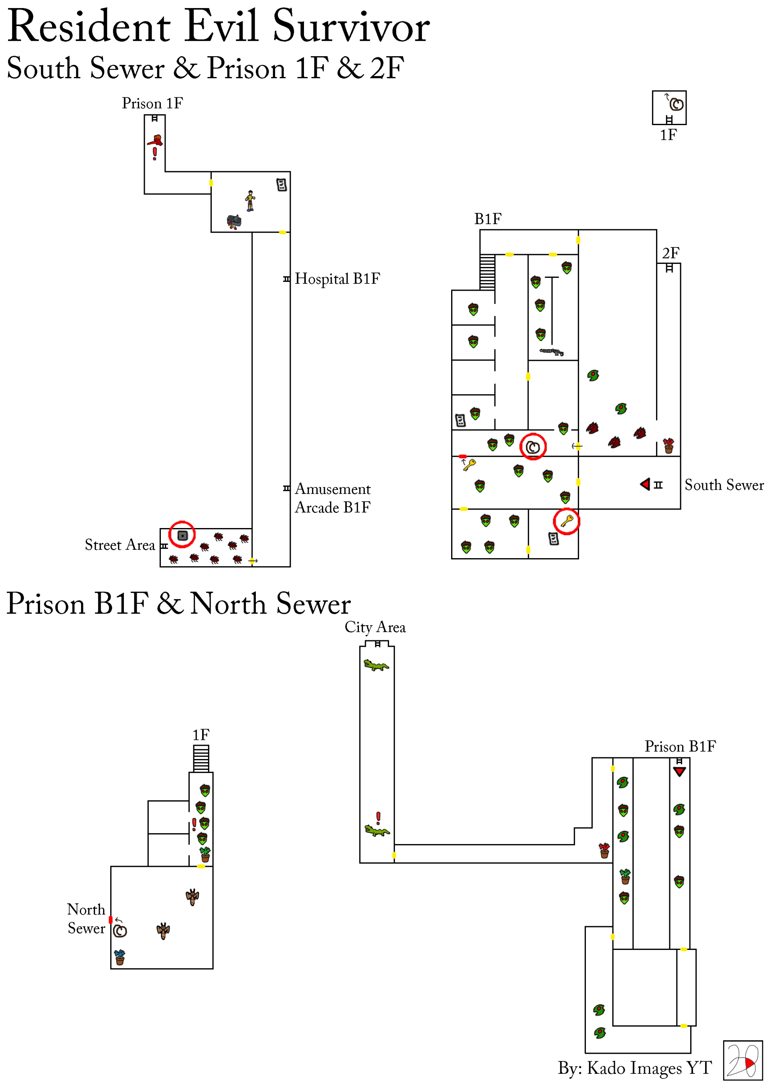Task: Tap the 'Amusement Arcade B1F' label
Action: [332, 498]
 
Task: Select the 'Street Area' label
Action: [120, 544]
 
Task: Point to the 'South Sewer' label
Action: [723, 485]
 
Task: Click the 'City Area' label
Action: [375, 627]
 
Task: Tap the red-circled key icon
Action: [566, 521]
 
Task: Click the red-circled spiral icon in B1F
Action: [533, 446]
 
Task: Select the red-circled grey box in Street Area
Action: [182, 535]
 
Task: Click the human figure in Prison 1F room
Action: [250, 200]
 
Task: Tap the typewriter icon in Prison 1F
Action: [234, 221]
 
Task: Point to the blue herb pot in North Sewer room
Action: [120, 957]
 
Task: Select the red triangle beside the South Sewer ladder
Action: [645, 484]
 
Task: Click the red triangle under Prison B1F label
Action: [679, 772]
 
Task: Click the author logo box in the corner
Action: [742, 1061]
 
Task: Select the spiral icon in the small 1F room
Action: [677, 104]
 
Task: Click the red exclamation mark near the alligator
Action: [378, 818]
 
